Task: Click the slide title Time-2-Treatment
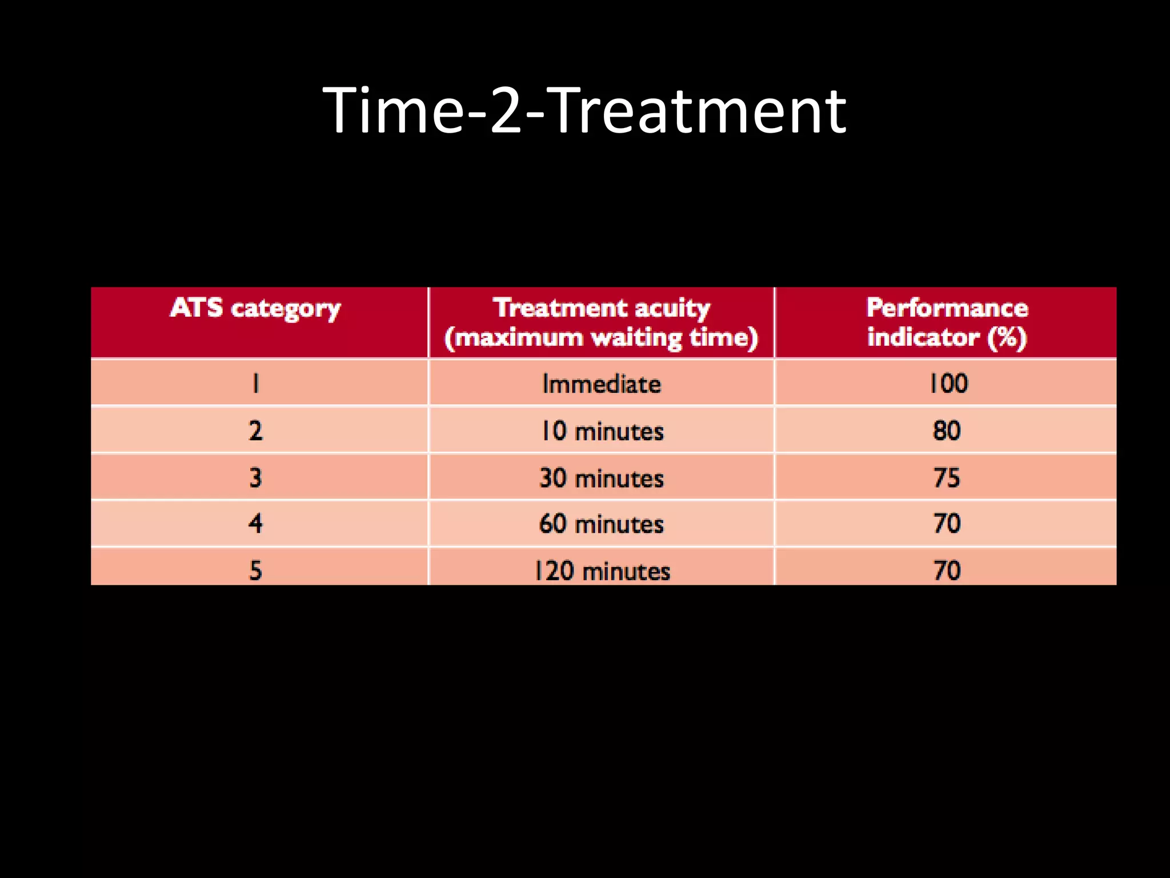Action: [584, 110]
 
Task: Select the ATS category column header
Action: [255, 309]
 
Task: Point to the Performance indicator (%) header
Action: [947, 322]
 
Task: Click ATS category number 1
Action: [255, 383]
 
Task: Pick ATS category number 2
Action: [255, 430]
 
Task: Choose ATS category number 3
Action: [255, 477]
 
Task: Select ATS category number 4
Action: [255, 524]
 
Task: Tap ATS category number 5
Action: [255, 570]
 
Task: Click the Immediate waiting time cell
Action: [602, 384]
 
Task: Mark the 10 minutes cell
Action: [602, 430]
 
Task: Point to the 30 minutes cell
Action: [602, 477]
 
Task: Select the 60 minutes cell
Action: [602, 524]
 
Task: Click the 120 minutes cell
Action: [602, 570]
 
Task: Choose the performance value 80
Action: [947, 430]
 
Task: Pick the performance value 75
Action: [947, 477]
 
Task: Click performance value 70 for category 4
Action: [947, 524]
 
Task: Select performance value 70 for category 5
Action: [947, 570]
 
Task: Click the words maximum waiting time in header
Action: [602, 338]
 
